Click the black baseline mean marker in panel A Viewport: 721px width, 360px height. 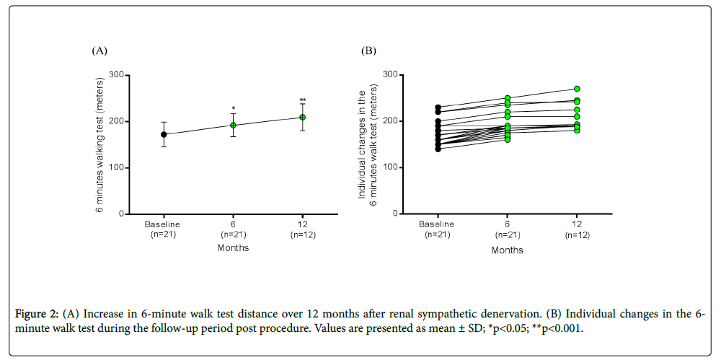tap(164, 134)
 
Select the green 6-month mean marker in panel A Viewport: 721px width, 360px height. tap(233, 125)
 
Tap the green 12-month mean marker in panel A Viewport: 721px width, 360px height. tap(302, 117)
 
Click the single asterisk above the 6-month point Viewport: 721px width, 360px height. tap(233, 108)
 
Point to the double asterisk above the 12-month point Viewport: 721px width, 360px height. tap(302, 100)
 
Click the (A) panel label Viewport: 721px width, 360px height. tap(99, 51)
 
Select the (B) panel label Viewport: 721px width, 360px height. tap(368, 51)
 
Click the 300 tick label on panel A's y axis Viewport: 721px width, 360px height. tap(115, 75)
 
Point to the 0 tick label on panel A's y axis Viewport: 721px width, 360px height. tap(120, 214)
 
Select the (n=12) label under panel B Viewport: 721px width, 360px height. tap(577, 234)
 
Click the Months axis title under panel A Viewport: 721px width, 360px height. tap(233, 247)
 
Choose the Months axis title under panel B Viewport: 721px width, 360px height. tap(508, 250)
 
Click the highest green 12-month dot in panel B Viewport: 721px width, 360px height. tap(577, 89)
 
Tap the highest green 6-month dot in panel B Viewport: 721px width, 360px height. tap(508, 98)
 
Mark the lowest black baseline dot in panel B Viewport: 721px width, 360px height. tap(438, 149)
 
